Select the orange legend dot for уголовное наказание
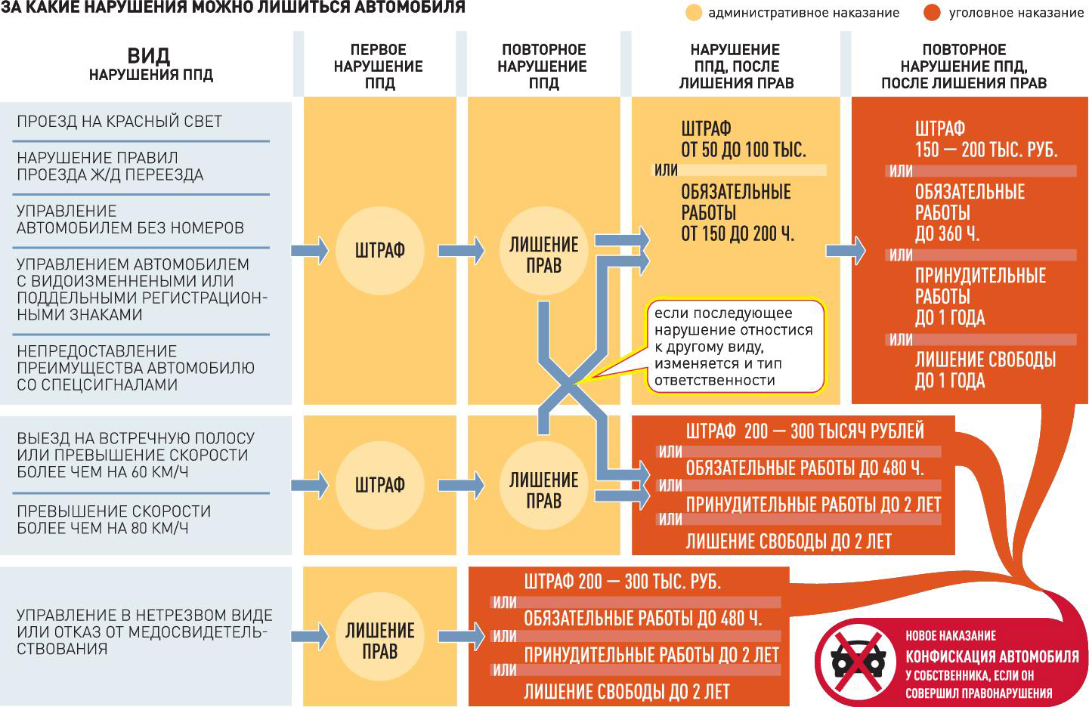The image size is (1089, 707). pos(932,13)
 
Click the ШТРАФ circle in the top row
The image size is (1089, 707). pos(379,250)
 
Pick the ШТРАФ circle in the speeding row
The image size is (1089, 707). pos(379,484)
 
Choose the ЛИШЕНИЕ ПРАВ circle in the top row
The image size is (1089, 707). pos(543,255)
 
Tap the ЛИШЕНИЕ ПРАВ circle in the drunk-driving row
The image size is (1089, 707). pos(379,640)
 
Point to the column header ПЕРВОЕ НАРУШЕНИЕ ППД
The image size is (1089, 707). pos(379,66)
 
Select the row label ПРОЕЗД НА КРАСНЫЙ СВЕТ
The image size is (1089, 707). pos(119,121)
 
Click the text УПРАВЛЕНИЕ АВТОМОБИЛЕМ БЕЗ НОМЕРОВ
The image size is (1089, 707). pos(130,219)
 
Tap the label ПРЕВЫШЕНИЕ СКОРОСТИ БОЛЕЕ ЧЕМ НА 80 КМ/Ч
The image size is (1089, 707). pos(113,520)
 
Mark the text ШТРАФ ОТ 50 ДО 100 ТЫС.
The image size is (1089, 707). pos(743,139)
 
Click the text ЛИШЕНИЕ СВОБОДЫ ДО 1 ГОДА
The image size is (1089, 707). pos(985,370)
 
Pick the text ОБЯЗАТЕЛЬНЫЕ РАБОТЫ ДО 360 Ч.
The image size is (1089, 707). pos(969,213)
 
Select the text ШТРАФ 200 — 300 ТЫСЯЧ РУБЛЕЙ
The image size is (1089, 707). pos(804,431)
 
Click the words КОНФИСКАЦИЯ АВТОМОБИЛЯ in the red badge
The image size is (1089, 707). pos(992,656)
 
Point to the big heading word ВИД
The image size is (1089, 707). pos(149,56)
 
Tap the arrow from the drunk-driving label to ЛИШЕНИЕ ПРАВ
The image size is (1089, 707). pos(310,635)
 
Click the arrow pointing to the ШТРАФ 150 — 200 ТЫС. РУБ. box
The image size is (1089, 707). pos(846,250)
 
